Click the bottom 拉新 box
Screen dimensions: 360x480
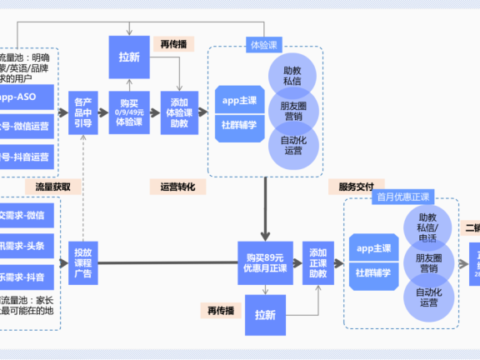point(265,316)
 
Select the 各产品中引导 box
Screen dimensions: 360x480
point(84,112)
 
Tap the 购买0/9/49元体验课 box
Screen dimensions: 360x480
point(127,112)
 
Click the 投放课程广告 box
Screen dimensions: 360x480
point(83,263)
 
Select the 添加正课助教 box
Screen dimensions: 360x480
point(317,262)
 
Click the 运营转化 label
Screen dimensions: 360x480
point(177,187)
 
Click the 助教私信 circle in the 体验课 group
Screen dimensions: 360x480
point(292,77)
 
